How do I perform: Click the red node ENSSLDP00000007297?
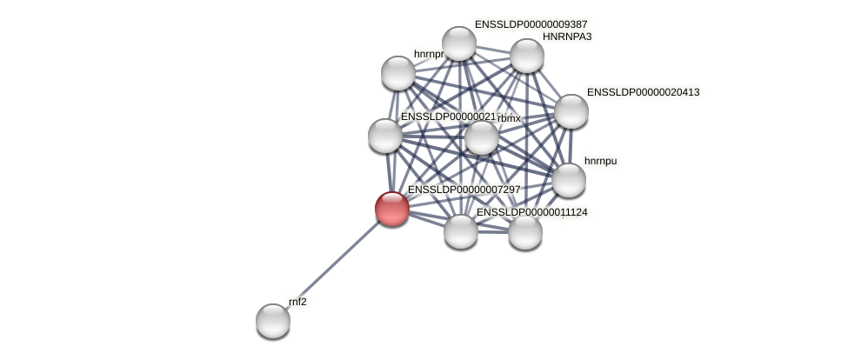pos(392,209)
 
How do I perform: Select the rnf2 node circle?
pos(273,321)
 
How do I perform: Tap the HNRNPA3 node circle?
pos(527,56)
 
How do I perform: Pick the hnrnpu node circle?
pos(569,180)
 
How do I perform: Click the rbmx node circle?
pos(482,137)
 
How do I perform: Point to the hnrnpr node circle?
pos(398,73)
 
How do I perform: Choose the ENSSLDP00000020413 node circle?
pos(571,111)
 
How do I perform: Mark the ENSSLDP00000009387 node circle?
pos(459,43)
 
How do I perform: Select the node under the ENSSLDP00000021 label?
pos(385,136)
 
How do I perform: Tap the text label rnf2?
pos(297,302)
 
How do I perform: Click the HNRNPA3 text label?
pos(567,37)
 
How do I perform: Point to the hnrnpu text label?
pos(600,161)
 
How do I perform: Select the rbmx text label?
pos(509,117)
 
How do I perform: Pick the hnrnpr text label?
pos(429,54)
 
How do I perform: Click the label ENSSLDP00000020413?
pos(643,92)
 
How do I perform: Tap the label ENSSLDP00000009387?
pos(531,24)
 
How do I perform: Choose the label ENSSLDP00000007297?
pos(464,190)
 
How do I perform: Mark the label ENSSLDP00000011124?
pos(531,212)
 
